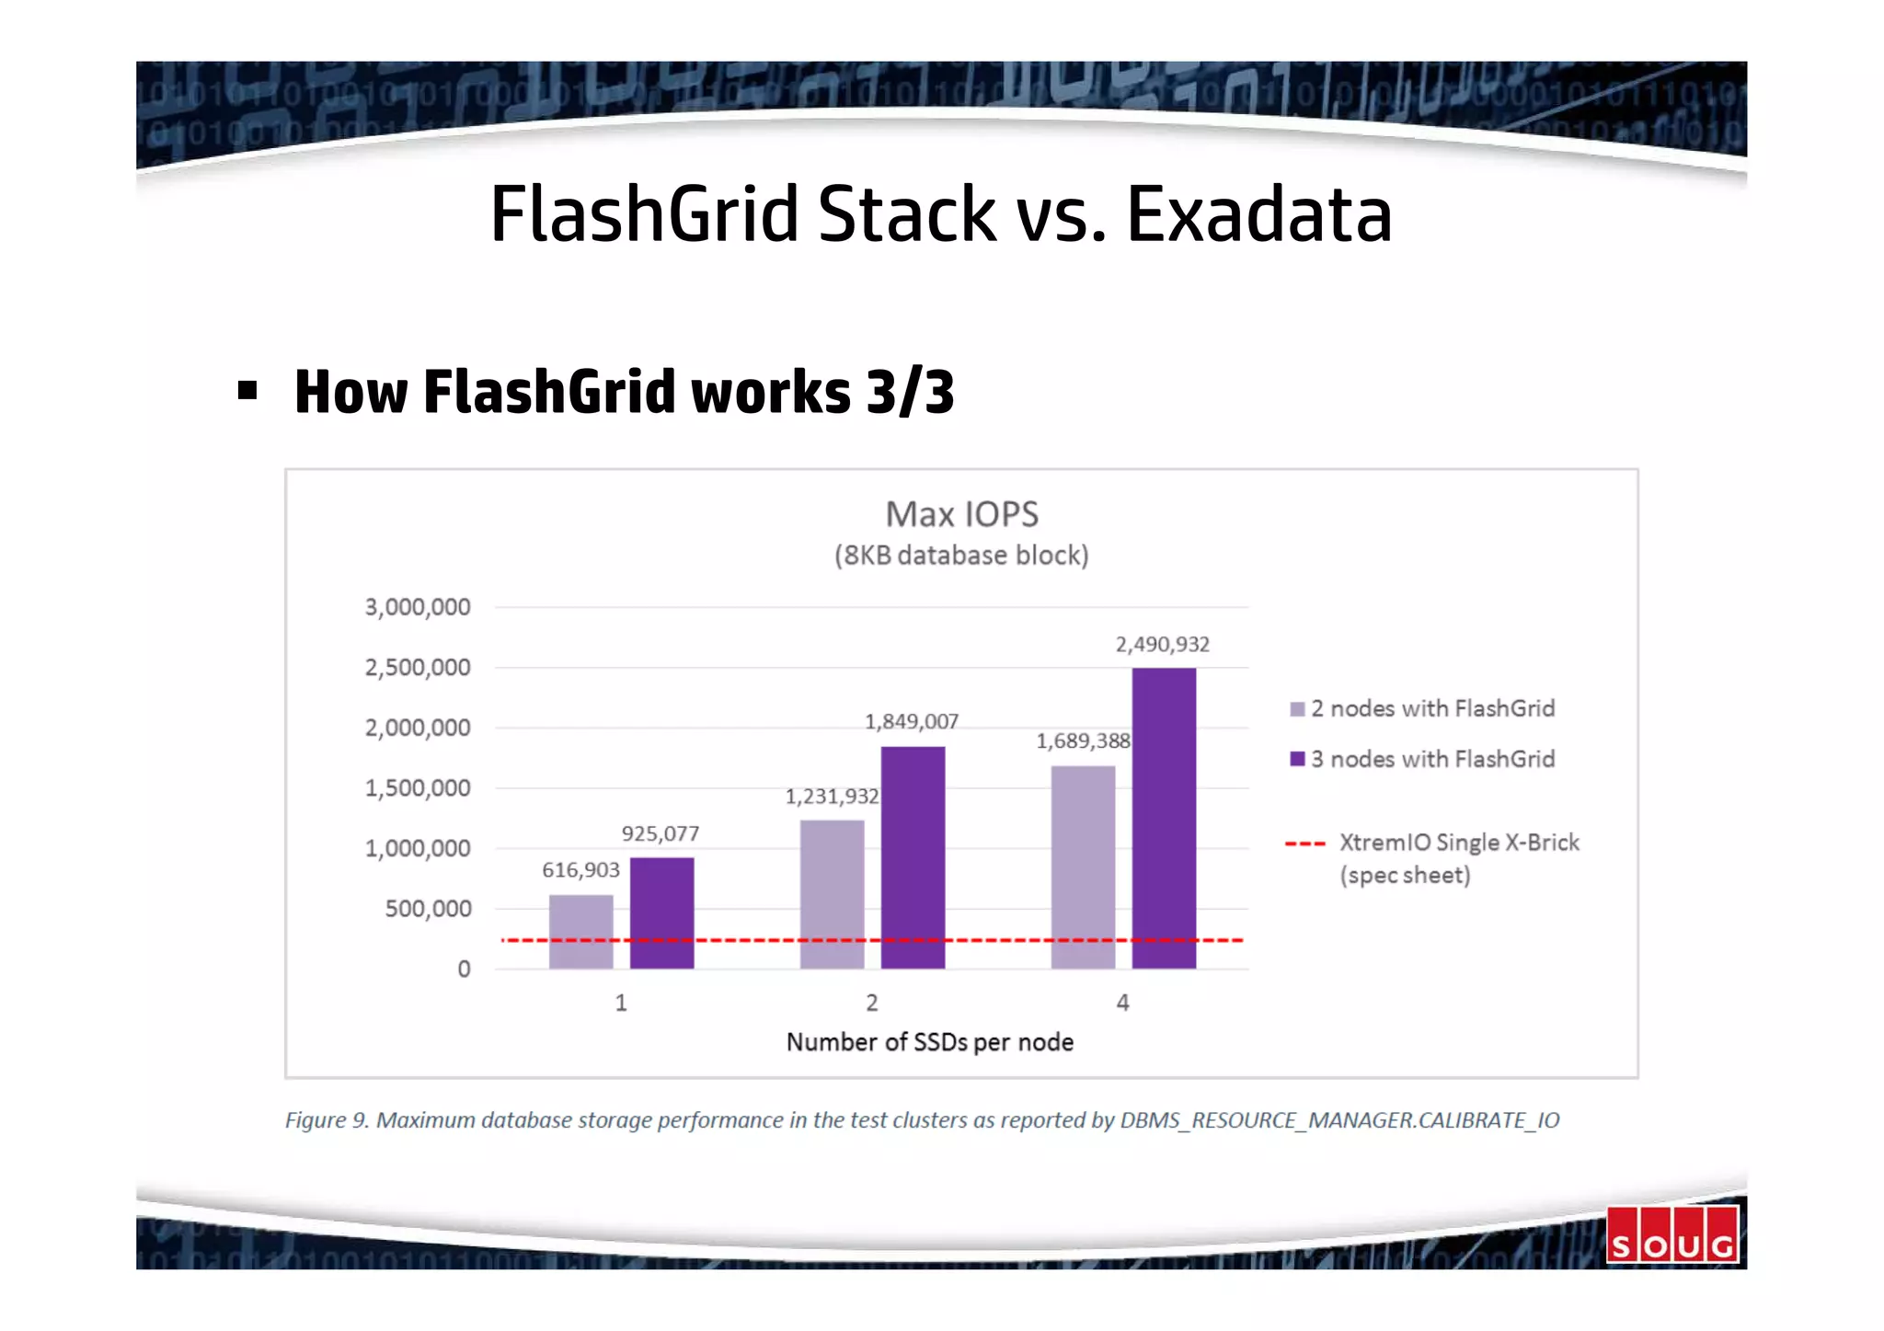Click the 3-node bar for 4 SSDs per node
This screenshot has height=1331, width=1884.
coord(1164,818)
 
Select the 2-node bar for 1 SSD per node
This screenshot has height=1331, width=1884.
coord(580,931)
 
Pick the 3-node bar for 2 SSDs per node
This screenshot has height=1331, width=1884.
coord(913,857)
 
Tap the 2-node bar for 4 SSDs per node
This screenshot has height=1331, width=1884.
coord(1083,866)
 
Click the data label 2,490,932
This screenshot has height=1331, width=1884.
coord(1163,645)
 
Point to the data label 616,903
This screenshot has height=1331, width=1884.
coord(580,870)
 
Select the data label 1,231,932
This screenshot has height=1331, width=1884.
coord(832,797)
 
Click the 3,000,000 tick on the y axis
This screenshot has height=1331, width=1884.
coord(418,607)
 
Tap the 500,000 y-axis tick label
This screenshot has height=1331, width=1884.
coord(428,909)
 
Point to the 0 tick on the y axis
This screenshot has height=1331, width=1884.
coord(464,970)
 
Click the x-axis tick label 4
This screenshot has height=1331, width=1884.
coord(1122,1004)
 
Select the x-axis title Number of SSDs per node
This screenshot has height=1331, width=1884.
coord(930,1042)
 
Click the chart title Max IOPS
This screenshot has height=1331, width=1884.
coord(961,514)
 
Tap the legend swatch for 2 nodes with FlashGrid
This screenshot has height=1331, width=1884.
coord(1297,709)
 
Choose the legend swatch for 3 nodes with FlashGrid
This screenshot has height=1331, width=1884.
coord(1297,759)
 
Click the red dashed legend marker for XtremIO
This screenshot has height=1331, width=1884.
coord(1304,843)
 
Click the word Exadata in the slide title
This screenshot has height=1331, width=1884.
coord(1258,214)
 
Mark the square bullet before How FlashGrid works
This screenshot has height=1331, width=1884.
coord(247,391)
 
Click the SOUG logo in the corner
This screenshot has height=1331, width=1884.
coord(1672,1234)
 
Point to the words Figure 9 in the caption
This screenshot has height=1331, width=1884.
coord(326,1120)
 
